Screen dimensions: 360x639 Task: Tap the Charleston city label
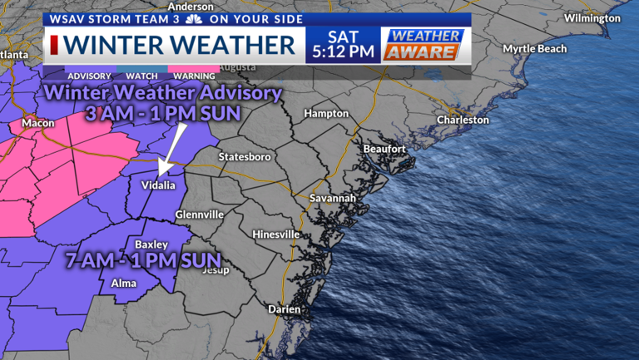tap(463, 120)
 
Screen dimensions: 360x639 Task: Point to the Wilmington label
tap(592, 17)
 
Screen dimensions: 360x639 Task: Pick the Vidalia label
tap(158, 185)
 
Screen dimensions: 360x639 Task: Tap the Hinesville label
tap(275, 234)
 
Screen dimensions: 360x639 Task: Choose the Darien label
tap(284, 308)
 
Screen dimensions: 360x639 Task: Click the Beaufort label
tap(384, 149)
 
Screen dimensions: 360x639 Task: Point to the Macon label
tap(38, 123)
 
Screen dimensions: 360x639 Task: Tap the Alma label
tap(124, 284)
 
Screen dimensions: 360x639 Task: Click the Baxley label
tap(151, 244)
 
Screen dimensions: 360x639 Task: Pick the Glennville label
tap(199, 215)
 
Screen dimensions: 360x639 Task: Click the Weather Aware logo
tap(422, 44)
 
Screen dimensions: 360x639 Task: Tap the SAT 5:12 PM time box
tap(343, 44)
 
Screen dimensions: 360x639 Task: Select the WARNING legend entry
tap(193, 75)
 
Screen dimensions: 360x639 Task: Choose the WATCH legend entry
tap(138, 75)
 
